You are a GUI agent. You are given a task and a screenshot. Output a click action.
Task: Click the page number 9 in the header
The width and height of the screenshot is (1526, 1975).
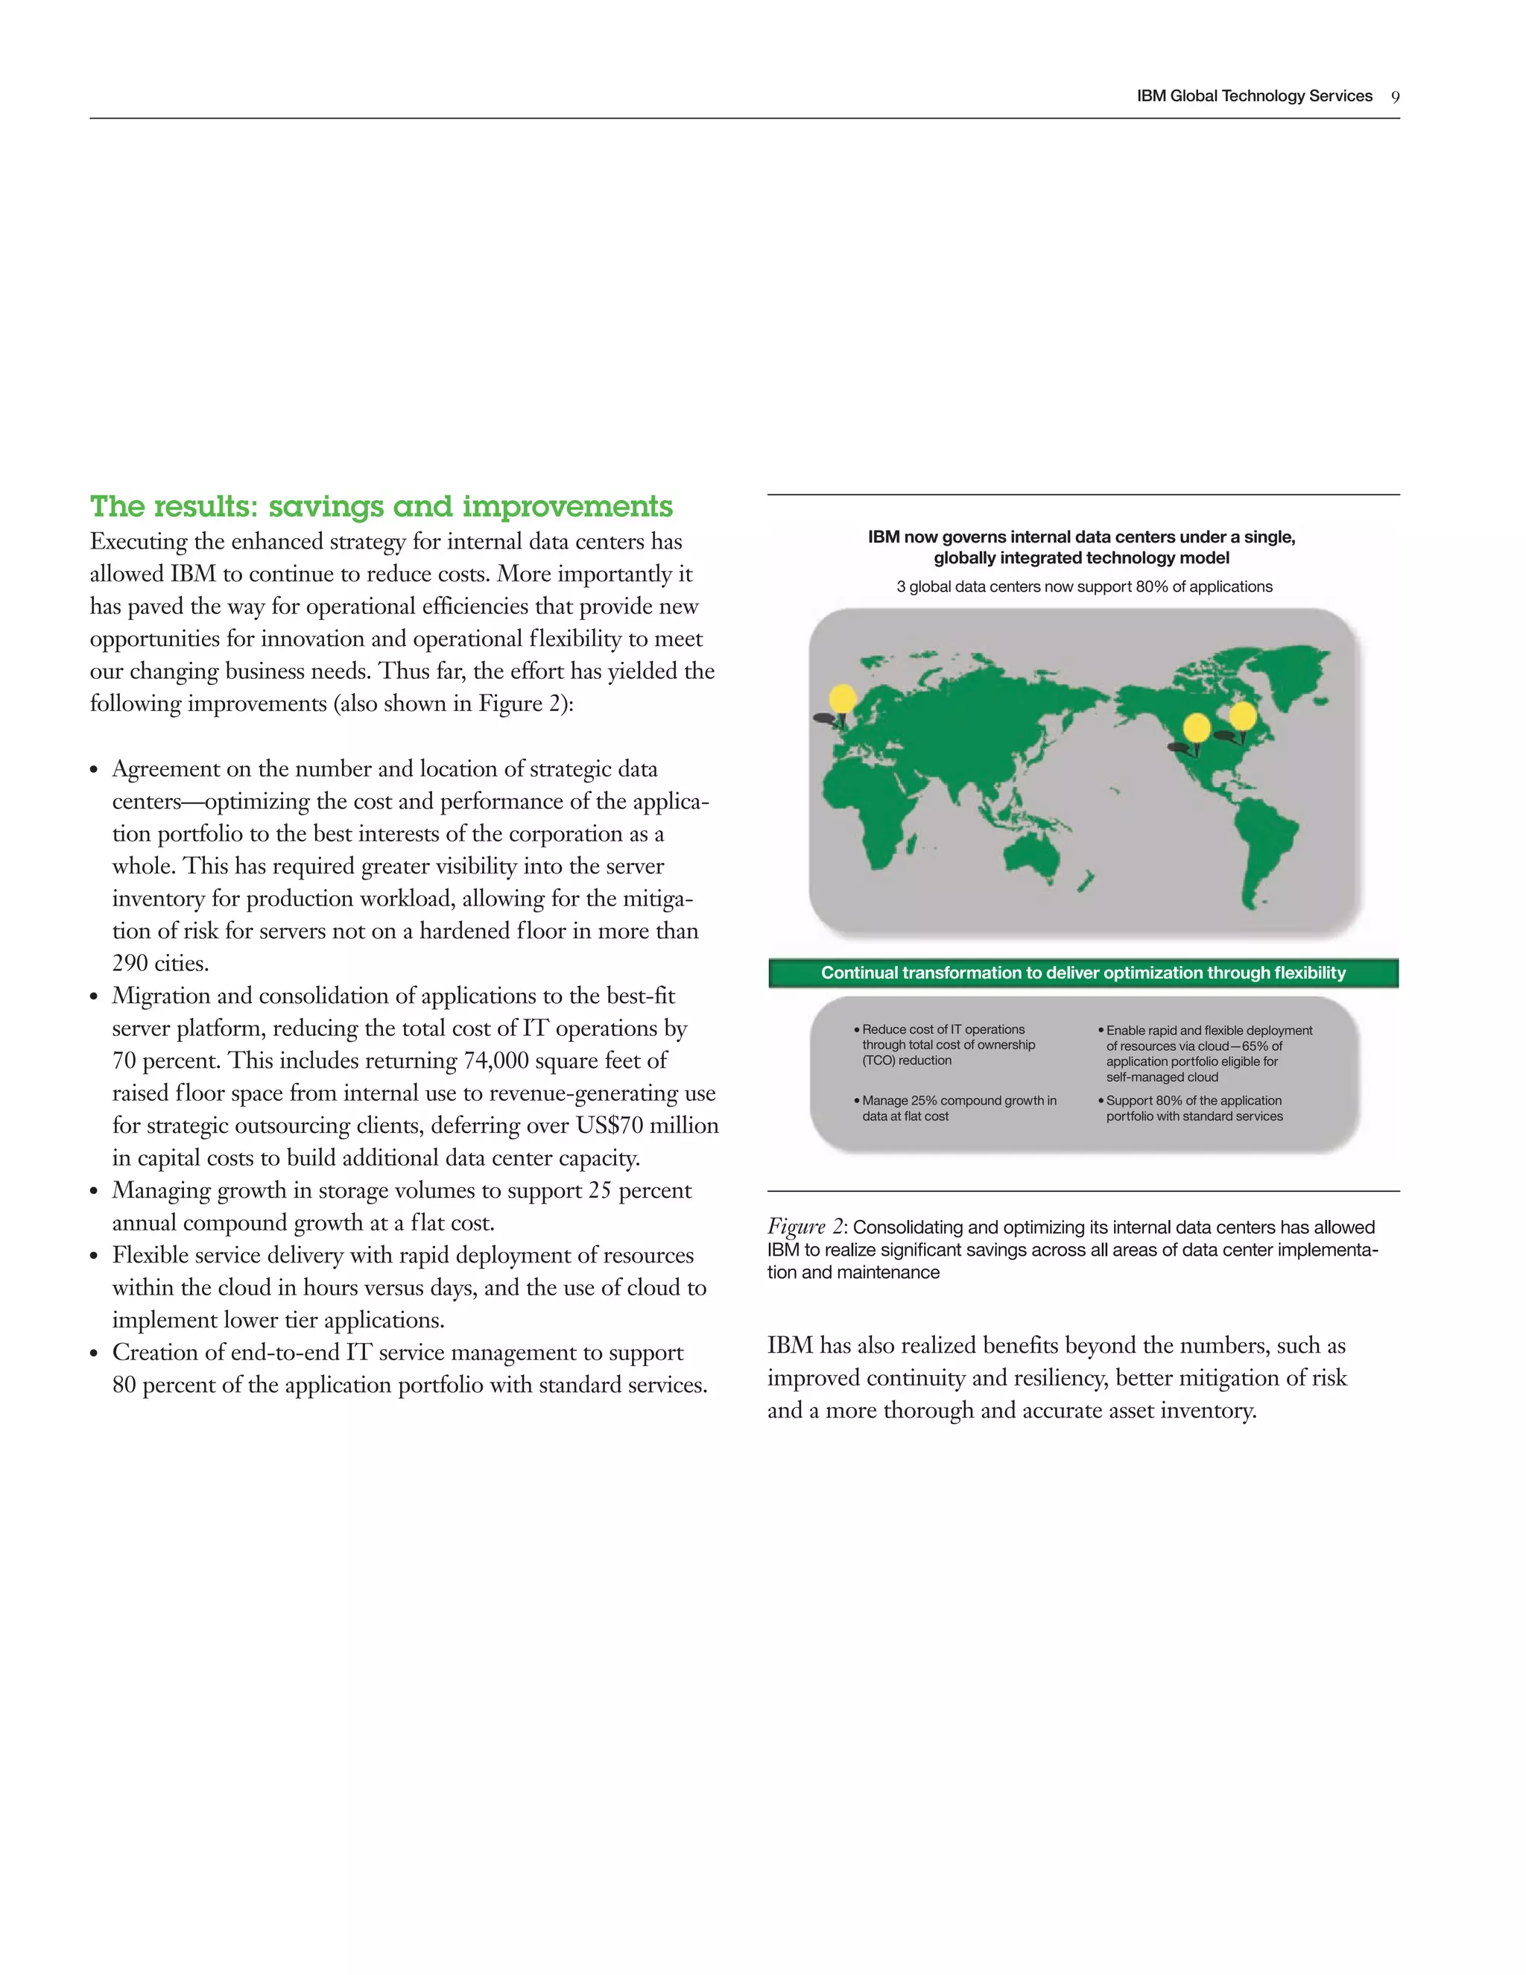pyautogui.click(x=1395, y=98)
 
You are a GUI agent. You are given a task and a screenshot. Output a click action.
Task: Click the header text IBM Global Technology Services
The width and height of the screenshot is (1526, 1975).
pyautogui.click(x=1254, y=97)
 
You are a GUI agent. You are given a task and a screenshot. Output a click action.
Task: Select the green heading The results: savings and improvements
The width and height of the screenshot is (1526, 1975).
pyautogui.click(x=381, y=506)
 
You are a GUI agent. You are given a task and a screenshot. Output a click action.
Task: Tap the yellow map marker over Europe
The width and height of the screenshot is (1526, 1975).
pyautogui.click(x=843, y=699)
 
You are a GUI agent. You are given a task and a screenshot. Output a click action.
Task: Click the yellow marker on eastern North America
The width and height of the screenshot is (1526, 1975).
pyautogui.click(x=1242, y=715)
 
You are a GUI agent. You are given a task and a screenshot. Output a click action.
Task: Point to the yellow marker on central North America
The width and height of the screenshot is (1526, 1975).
pyautogui.click(x=1196, y=728)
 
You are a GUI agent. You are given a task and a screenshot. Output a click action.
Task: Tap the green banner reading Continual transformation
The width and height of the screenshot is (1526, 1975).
pyautogui.click(x=1083, y=973)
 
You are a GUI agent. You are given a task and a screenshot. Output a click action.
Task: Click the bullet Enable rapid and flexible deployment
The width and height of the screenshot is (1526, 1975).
pyautogui.click(x=1208, y=1054)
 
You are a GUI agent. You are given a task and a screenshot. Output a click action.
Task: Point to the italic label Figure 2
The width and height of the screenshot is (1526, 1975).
pyautogui.click(x=805, y=1227)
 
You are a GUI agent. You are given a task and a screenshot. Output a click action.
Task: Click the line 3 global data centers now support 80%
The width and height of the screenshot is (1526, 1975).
pyautogui.click(x=1084, y=587)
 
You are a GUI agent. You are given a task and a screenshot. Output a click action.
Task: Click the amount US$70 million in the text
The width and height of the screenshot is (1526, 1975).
pyautogui.click(x=646, y=1126)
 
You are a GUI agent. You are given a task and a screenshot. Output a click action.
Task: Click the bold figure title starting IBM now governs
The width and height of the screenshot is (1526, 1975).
pyautogui.click(x=1081, y=547)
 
